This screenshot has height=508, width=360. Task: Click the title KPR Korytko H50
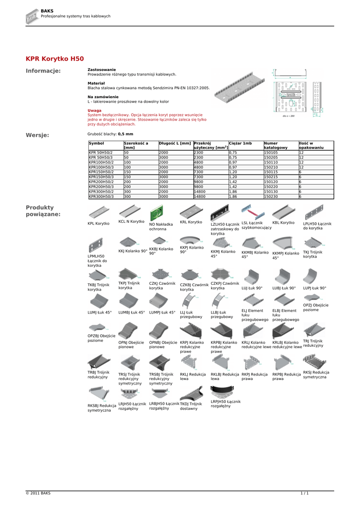tap(55, 59)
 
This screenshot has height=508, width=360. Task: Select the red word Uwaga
tap(94, 111)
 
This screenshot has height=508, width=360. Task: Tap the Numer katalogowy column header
tap(276, 145)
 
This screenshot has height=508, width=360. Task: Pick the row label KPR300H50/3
tap(101, 196)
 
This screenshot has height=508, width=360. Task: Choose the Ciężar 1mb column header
tap(240, 143)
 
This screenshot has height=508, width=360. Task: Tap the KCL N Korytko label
tap(131, 222)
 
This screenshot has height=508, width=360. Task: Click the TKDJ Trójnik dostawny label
tap(191, 406)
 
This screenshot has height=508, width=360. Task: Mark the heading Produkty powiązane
tap(43, 211)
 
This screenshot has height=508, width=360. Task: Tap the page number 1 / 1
tap(304, 493)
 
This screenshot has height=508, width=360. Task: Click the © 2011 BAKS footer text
tap(38, 493)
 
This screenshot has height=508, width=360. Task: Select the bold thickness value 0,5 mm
tap(126, 134)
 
